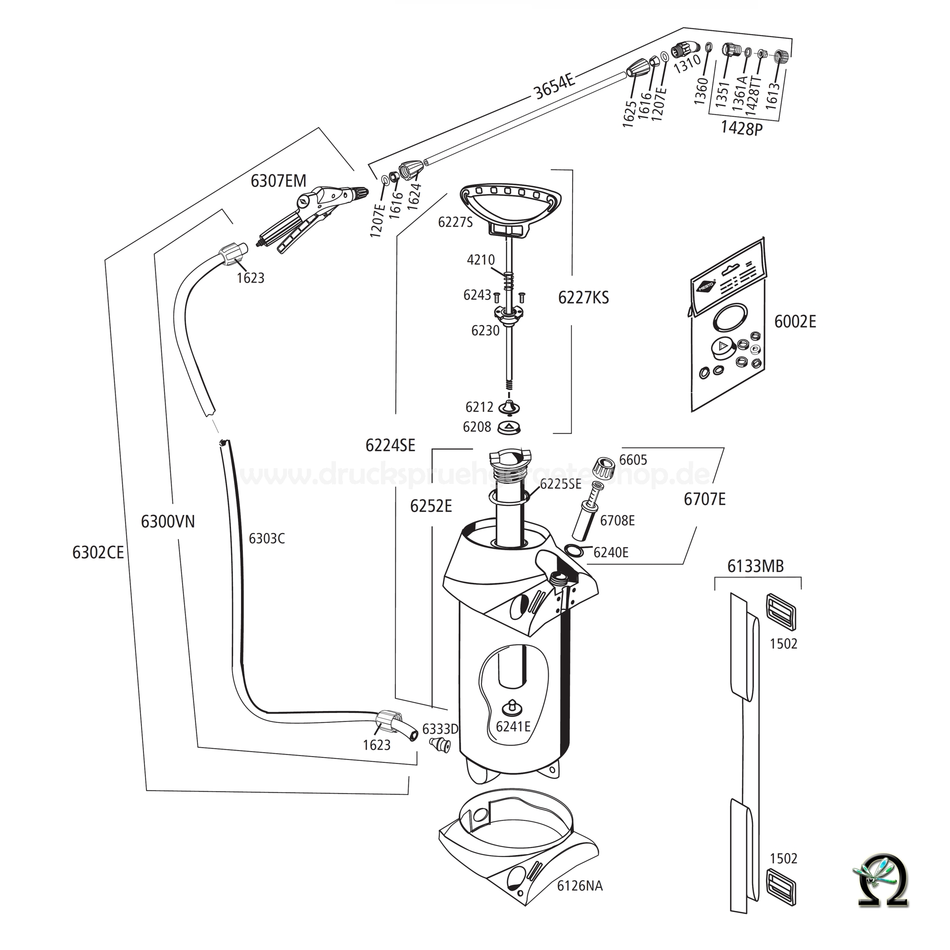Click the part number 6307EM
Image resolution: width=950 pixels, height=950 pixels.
[x=278, y=181]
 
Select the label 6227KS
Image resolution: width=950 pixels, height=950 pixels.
[x=583, y=298]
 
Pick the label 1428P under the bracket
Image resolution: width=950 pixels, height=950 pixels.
[x=741, y=128]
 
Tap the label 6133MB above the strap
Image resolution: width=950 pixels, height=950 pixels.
[x=756, y=566]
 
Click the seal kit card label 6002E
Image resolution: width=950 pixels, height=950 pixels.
[x=795, y=322]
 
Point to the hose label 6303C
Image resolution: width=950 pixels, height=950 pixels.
[x=267, y=539]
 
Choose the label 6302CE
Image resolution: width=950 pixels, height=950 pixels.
[x=98, y=553]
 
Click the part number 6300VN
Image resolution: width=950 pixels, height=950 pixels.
[x=168, y=522]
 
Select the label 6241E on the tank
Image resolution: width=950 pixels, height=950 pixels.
[x=513, y=726]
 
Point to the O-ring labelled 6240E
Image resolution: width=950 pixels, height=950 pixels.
[x=573, y=549]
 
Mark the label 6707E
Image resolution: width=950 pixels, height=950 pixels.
[x=705, y=499]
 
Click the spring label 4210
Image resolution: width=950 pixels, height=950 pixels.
[x=480, y=260]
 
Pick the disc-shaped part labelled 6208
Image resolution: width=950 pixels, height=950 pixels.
[x=510, y=427]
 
